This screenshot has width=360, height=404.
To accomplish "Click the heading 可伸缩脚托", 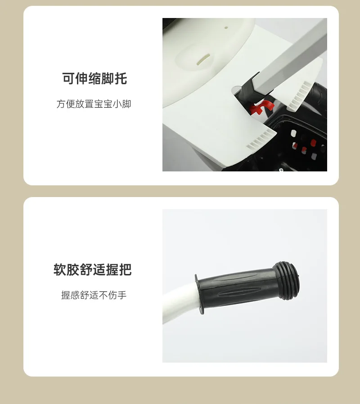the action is point(94,79).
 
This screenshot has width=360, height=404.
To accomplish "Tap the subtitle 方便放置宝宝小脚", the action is point(94,104).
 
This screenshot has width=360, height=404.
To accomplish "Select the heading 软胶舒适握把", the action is point(93,270).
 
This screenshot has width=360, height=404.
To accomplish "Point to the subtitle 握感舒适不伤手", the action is point(94,295).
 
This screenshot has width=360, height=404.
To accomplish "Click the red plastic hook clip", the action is point(260,108).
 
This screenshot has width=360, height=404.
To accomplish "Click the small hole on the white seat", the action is point(226,27).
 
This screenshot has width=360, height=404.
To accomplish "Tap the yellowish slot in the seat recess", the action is point(203,59).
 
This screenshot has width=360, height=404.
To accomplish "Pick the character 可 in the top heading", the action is point(68,79).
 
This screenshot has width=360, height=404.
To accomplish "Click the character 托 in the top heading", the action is point(121,79).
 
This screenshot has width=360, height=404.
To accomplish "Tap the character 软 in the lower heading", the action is point(60,270).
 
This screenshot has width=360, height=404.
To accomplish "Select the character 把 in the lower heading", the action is point(126,270).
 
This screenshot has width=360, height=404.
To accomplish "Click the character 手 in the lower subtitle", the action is point(122,295).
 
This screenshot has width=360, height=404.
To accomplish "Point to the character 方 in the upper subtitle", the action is point(61,104).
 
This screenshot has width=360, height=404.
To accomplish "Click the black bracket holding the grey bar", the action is point(247,88).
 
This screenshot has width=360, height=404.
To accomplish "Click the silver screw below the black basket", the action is point(281,170).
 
